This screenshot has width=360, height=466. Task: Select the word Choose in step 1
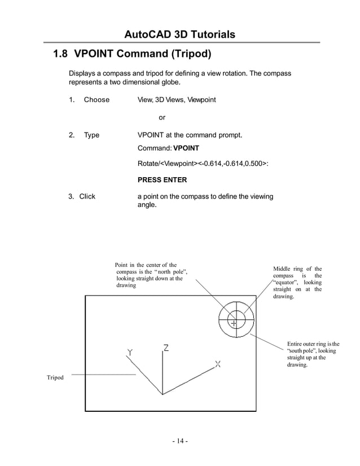[96, 100]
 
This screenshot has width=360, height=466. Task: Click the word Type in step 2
[91, 135]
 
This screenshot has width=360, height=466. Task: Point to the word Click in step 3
[87, 196]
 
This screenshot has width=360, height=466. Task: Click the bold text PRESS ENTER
[163, 180]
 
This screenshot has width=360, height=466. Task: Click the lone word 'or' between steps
[163, 118]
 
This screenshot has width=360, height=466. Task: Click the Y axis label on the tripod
[130, 352]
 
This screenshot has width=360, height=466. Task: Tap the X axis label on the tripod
[218, 364]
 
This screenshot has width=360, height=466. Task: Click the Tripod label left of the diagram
[55, 377]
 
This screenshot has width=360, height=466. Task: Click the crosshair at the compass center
[233, 322]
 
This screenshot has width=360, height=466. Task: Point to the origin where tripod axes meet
[163, 394]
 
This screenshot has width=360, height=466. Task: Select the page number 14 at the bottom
[181, 441]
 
